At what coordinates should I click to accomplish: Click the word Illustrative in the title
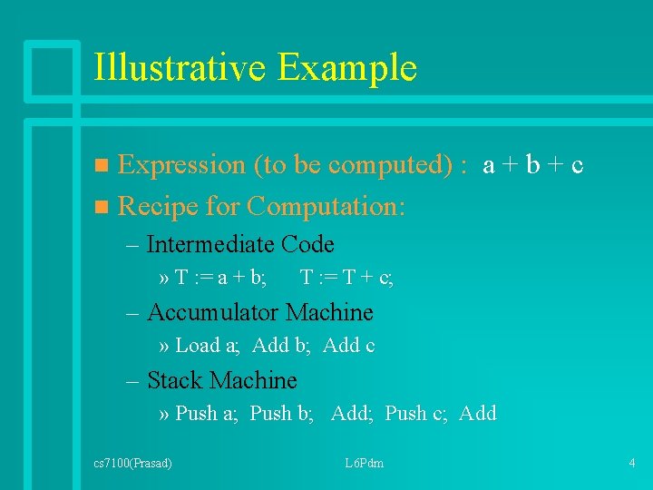180,68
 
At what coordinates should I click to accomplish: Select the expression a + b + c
533,165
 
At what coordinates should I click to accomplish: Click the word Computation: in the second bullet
326,207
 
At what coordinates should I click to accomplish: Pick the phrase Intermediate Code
240,245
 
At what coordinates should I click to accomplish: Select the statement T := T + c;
346,279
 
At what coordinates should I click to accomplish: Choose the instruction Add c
349,346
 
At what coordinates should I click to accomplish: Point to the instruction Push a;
207,414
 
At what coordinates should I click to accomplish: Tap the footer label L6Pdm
364,464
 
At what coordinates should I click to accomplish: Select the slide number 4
631,464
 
